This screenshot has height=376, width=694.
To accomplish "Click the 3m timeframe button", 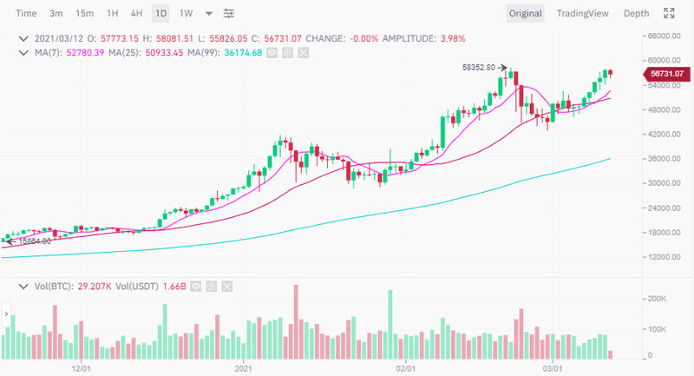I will pyautogui.click(x=56, y=13).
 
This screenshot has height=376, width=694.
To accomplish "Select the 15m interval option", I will pyautogui.click(x=84, y=13).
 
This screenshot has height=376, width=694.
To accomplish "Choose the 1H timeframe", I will pyautogui.click(x=112, y=13).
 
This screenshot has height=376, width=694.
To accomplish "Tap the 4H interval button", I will pyautogui.click(x=136, y=13).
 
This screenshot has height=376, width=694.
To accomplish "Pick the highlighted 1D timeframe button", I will pyautogui.click(x=160, y=13).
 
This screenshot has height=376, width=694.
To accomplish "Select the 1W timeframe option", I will pyautogui.click(x=186, y=13).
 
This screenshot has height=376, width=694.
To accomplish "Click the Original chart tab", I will pyautogui.click(x=526, y=13).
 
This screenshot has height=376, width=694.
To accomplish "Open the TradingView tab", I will pyautogui.click(x=582, y=13).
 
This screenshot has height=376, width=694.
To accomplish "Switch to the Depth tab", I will pyautogui.click(x=636, y=13).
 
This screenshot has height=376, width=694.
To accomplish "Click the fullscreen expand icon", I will pyautogui.click(x=669, y=13).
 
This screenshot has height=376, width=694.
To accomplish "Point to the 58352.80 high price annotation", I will pyautogui.click(x=479, y=67).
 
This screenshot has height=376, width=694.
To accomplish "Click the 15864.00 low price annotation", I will pyautogui.click(x=35, y=241).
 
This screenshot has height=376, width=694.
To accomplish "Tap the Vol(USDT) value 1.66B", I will pyautogui.click(x=170, y=285).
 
